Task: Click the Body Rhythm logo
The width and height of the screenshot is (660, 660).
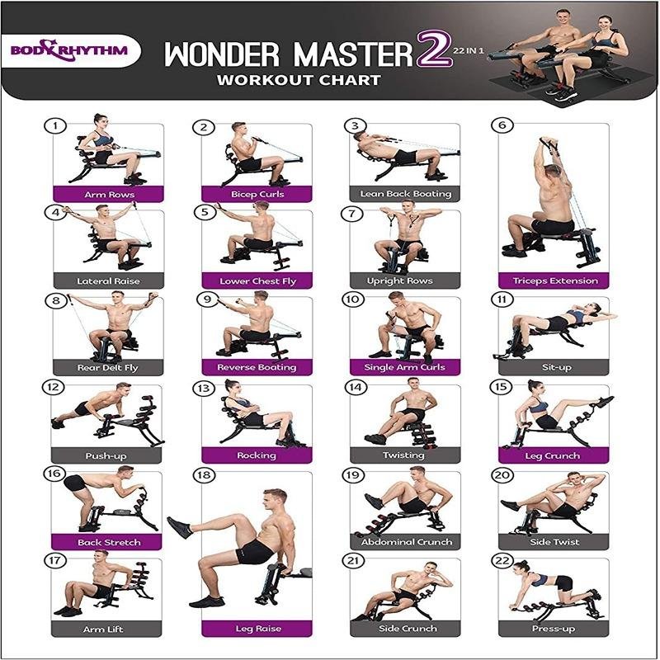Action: click(69, 50)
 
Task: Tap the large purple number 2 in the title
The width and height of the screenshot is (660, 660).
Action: click(434, 49)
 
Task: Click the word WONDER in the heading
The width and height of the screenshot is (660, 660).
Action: click(222, 54)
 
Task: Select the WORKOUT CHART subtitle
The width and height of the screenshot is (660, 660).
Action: click(299, 80)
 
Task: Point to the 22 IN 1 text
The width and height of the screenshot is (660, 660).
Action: click(469, 51)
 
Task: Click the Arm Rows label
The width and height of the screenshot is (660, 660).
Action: click(109, 195)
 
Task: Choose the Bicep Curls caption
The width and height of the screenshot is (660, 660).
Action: click(257, 194)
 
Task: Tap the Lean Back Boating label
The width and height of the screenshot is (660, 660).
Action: click(405, 194)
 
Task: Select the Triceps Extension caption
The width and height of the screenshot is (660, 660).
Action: click(554, 280)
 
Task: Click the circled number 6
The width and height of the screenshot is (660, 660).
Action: click(502, 125)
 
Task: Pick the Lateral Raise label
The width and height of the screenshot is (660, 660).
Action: click(108, 280)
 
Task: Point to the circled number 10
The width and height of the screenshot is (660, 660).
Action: click(353, 299)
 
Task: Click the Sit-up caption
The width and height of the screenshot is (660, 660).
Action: click(556, 367)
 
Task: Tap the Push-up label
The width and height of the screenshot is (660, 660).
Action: click(106, 455)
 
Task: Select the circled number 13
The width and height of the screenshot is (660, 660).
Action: click(203, 388)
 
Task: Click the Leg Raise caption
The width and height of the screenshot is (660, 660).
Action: click(257, 629)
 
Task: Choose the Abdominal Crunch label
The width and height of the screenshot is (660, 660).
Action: click(406, 542)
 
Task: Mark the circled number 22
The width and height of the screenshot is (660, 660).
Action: click(502, 561)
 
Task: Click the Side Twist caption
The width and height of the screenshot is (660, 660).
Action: click(554, 542)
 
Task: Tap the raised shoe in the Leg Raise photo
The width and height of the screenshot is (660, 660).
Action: click(180, 528)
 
